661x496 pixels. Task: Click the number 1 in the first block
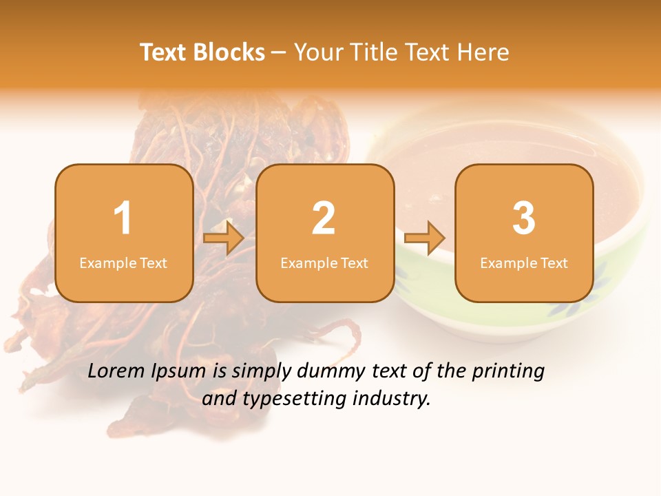(x=123, y=218)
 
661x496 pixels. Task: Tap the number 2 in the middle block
(x=324, y=218)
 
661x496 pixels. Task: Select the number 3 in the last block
(x=524, y=218)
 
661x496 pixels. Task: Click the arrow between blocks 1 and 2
(x=224, y=238)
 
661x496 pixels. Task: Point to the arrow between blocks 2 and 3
(x=424, y=238)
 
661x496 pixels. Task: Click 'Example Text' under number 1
(x=123, y=262)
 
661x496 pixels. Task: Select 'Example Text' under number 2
(x=324, y=262)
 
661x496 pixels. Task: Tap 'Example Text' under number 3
(x=524, y=262)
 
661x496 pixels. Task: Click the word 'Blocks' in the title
(x=229, y=52)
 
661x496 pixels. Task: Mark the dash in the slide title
(x=280, y=52)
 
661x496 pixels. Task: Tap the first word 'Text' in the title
(x=164, y=52)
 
